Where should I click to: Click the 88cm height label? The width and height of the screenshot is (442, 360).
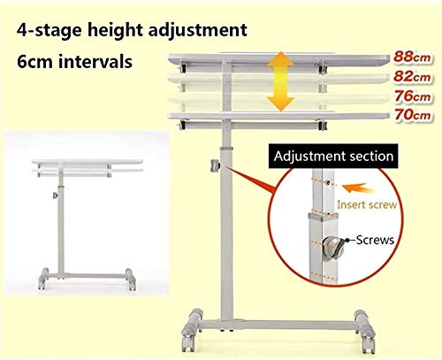pyautogui.click(x=413, y=57)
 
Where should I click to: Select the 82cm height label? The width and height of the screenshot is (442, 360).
pyautogui.click(x=413, y=76)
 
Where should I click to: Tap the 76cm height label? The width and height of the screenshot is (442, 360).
pyautogui.click(x=413, y=96)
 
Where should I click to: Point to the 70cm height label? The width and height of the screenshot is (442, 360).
pyautogui.click(x=413, y=114)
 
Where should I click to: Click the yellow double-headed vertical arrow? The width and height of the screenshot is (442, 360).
pyautogui.click(x=281, y=81)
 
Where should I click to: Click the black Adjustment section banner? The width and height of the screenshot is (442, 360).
pyautogui.click(x=333, y=157)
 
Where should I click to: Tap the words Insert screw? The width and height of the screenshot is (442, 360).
pyautogui.click(x=367, y=204)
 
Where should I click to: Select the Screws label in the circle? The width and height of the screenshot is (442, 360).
pyautogui.click(x=375, y=240)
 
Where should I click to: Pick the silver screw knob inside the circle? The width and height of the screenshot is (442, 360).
pyautogui.click(x=333, y=248)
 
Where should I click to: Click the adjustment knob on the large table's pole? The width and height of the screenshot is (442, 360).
pyautogui.click(x=215, y=165)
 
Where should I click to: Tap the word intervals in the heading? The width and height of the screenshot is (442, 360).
pyautogui.click(x=95, y=62)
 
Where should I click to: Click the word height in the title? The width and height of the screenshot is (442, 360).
pyautogui.click(x=115, y=30)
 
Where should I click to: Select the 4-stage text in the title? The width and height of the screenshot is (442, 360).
pyautogui.click(x=49, y=30)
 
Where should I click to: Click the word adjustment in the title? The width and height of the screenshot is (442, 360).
pyautogui.click(x=197, y=30)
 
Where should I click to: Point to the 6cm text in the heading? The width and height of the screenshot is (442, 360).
pyautogui.click(x=34, y=62)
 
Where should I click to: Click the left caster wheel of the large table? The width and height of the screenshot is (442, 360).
pyautogui.click(x=190, y=330)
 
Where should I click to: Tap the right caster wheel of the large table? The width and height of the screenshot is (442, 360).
pyautogui.click(x=365, y=331)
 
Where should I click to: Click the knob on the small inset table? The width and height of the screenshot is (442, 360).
pyautogui.click(x=55, y=195)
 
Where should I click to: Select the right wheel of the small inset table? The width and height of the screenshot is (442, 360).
pyautogui.click(x=131, y=279)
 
